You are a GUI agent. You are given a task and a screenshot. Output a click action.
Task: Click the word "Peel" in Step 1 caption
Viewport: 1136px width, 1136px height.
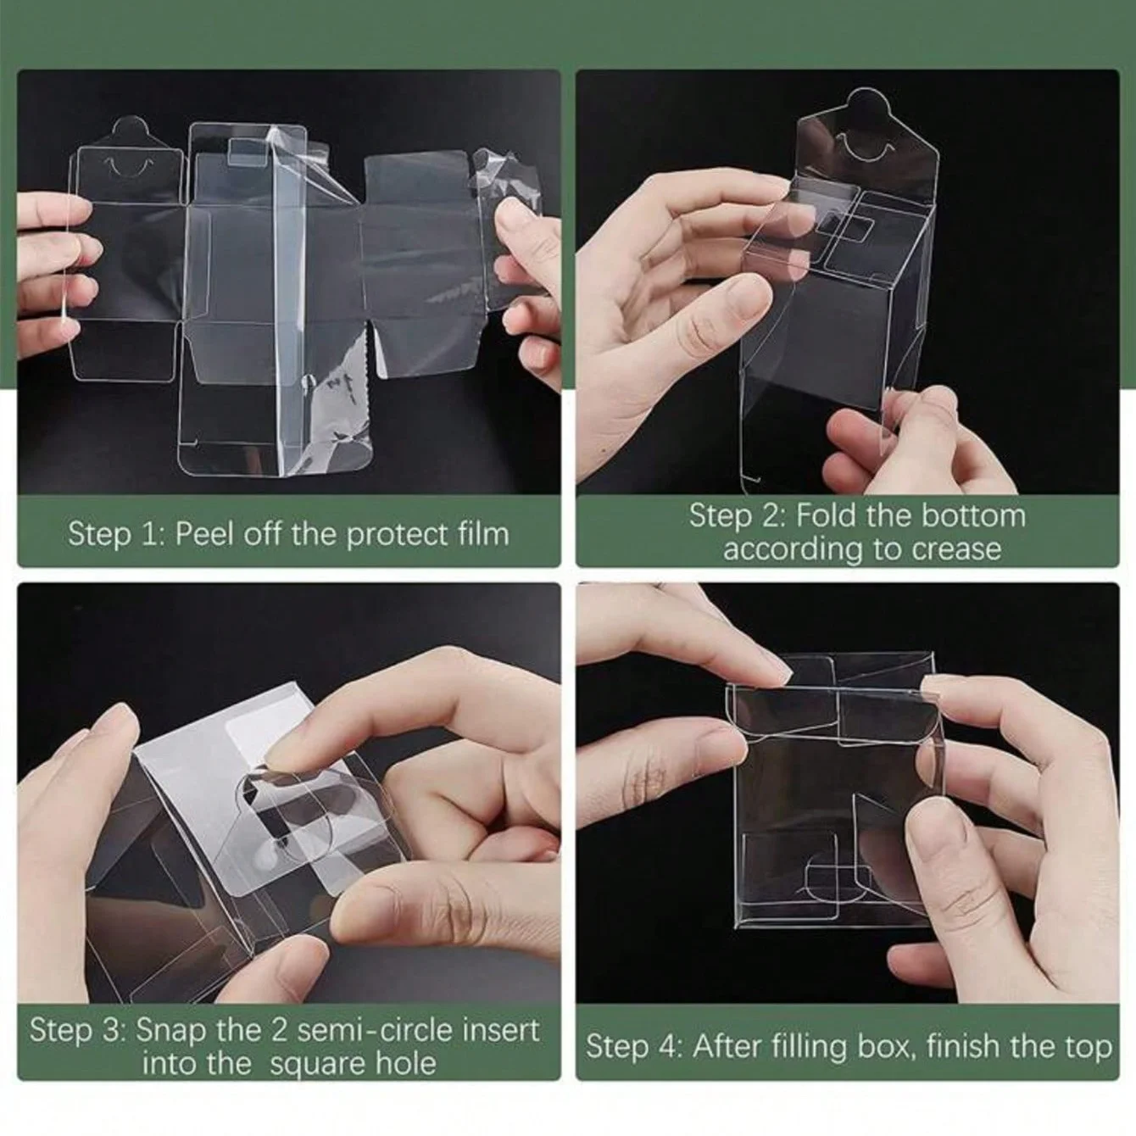203,534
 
